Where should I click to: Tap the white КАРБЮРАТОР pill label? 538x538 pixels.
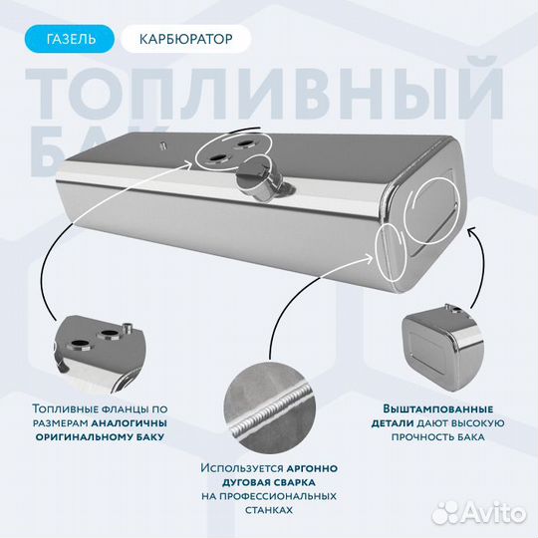[x=185, y=40]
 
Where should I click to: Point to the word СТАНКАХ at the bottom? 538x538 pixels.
[x=268, y=509]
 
